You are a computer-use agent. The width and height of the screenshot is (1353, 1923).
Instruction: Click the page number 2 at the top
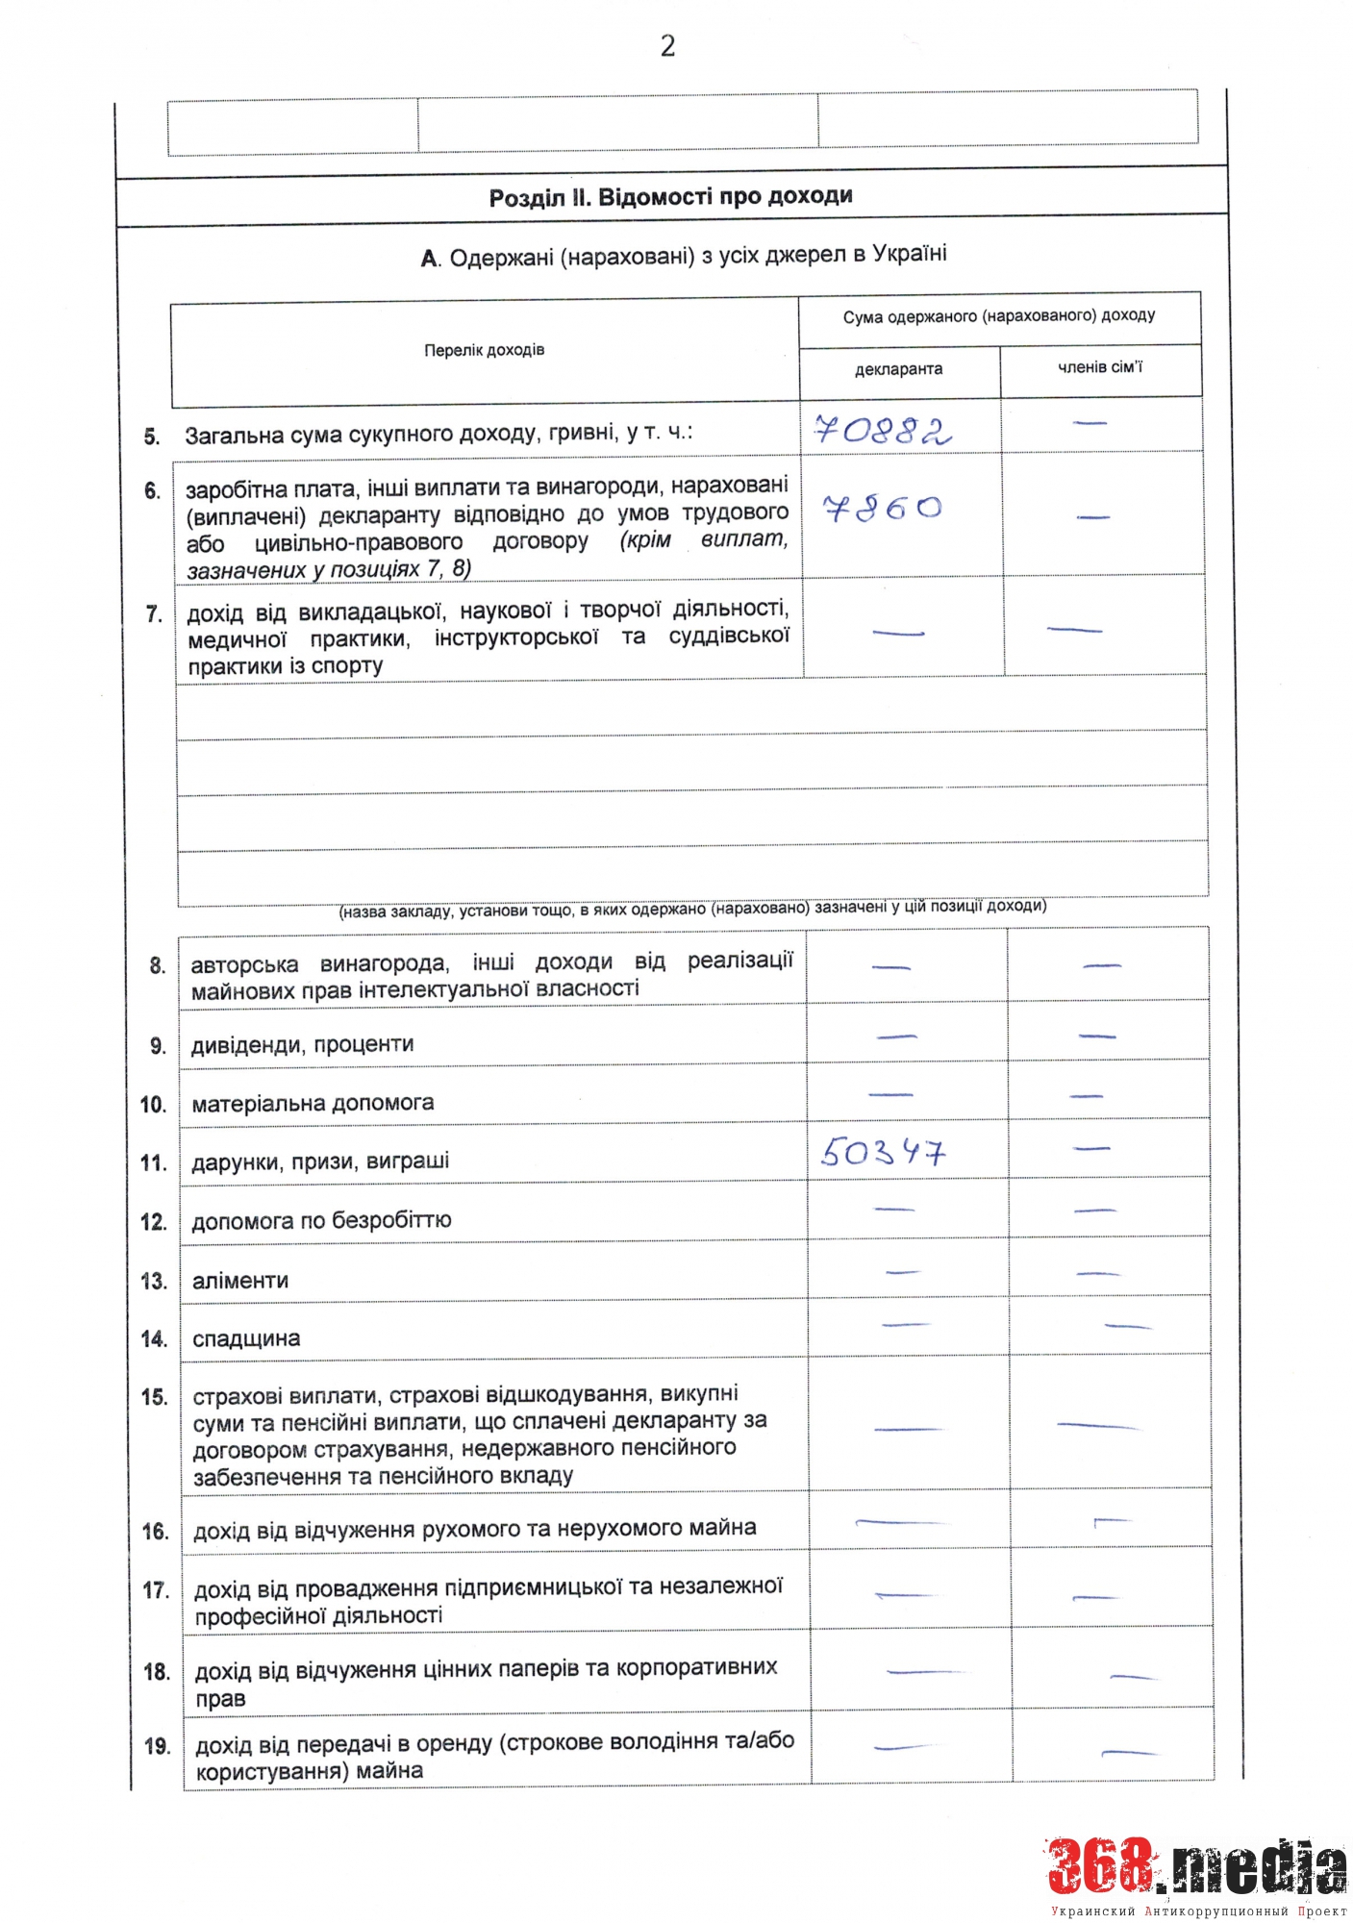point(667,45)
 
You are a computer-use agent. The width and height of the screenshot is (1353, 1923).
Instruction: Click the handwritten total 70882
point(882,430)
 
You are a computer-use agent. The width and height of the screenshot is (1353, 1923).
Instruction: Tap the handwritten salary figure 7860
point(882,508)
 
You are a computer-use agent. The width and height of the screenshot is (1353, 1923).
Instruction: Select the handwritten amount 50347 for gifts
point(883,1151)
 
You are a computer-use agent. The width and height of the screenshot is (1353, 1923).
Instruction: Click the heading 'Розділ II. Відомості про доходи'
point(670,197)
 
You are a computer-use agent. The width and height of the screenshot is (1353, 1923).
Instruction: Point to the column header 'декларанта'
point(898,369)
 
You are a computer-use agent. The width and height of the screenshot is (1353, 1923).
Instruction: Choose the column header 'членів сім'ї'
point(1100,367)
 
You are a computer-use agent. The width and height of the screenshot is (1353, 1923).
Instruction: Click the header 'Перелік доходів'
point(484,350)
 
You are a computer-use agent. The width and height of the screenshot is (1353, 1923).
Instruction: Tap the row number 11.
point(153,1162)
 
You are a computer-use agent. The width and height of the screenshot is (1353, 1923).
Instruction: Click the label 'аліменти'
point(240,1281)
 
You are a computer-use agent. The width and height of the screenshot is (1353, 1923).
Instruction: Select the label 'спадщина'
point(246,1338)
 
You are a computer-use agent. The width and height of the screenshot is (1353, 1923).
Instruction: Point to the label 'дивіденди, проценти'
point(302,1044)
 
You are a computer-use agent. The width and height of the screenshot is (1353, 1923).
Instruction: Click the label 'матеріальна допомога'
point(313,1103)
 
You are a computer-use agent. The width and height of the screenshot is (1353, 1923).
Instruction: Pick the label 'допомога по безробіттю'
point(321,1221)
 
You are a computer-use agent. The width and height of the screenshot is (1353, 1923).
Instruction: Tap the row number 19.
point(157,1746)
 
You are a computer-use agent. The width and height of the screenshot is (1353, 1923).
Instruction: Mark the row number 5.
point(152,437)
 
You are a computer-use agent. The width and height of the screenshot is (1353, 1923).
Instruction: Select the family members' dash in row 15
point(1098,1425)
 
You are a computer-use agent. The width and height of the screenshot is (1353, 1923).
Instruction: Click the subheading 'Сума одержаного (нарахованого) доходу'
point(999,316)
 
